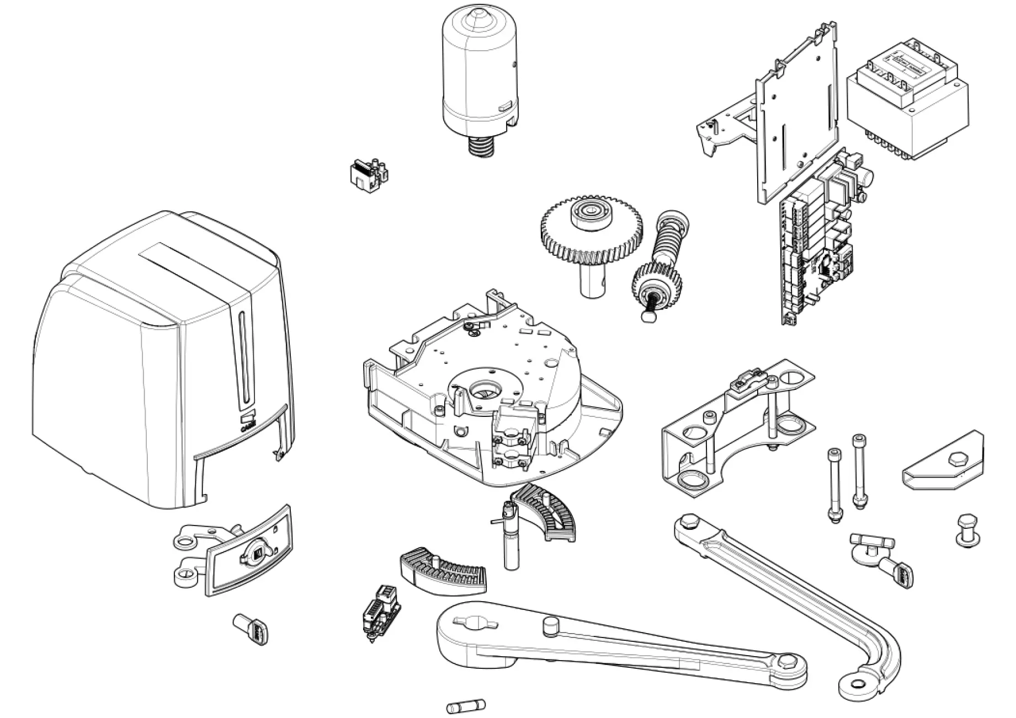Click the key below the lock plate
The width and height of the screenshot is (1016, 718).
(252, 629)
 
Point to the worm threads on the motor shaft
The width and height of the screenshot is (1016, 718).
(481, 146)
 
